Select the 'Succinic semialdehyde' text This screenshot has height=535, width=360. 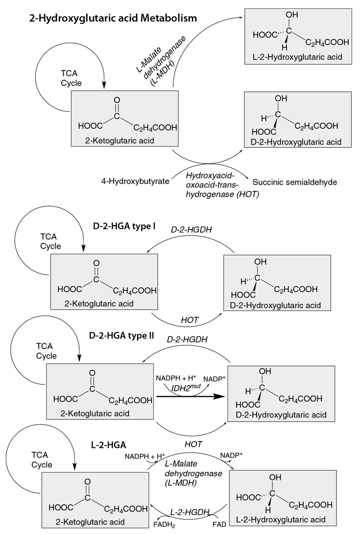(295, 182)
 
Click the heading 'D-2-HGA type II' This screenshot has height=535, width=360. (122, 336)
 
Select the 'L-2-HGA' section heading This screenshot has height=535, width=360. (109, 445)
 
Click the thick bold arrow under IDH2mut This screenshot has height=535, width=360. (191, 398)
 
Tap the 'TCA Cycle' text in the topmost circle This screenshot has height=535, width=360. (71, 79)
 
